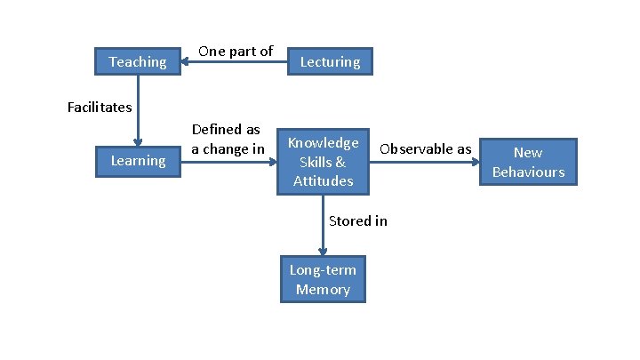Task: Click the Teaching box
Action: coord(137,61)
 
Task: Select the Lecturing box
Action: coord(330,61)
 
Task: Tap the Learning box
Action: coord(138,160)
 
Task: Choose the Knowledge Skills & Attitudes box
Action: coord(323,162)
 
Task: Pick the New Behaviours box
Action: coord(528,162)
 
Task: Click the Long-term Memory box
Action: coord(323,280)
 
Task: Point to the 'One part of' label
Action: coord(235,51)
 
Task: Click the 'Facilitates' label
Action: coord(100,108)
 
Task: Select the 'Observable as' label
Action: coord(425,148)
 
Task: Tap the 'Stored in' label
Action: coord(357,220)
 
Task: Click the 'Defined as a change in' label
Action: coord(228,140)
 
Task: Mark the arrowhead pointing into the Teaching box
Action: coord(186,61)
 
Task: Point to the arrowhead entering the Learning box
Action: coord(138,140)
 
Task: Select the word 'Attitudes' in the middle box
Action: coord(323,181)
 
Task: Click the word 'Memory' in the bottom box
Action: coord(323,290)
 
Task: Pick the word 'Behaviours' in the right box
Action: coord(528,172)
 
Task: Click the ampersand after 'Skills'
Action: coord(340,162)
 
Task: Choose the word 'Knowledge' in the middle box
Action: coord(323,142)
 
